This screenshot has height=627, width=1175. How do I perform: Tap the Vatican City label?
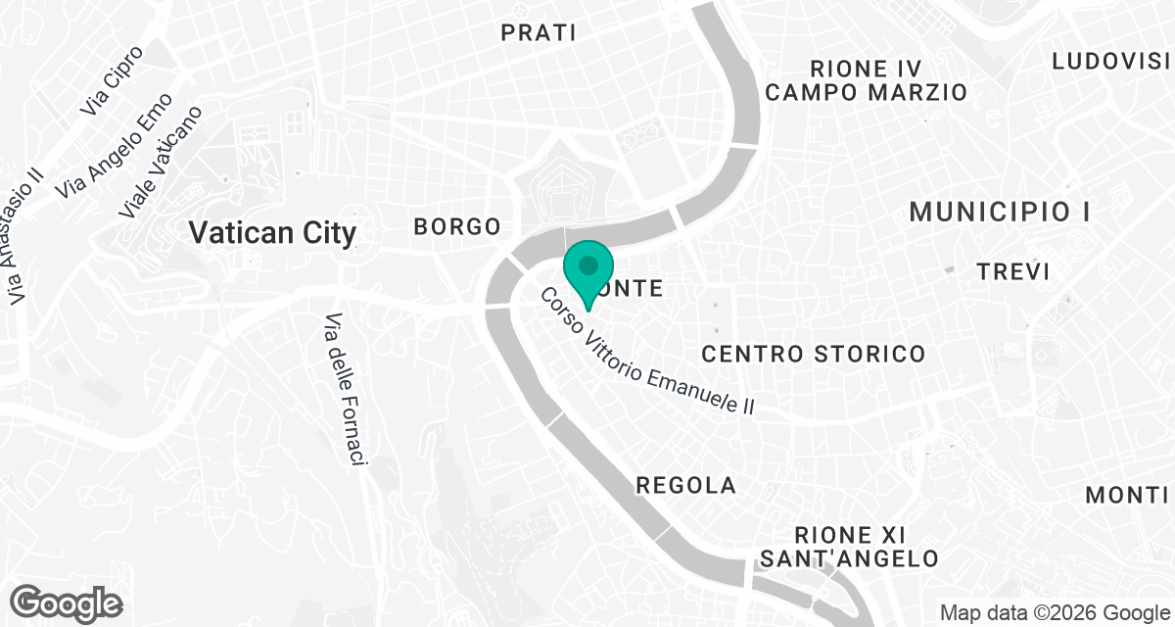[272, 233]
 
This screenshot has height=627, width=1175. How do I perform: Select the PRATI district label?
[539, 32]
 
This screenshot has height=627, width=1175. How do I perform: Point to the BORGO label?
[457, 226]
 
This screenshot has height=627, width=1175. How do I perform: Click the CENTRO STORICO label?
[814, 354]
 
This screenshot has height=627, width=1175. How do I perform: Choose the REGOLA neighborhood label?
[685, 485]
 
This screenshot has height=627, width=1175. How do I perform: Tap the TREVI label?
[1013, 271]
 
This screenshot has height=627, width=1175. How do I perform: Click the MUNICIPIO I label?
[1000, 211]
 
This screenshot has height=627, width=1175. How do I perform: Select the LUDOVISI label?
[1110, 62]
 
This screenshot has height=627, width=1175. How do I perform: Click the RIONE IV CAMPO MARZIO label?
[867, 80]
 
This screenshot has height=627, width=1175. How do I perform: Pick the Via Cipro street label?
[112, 80]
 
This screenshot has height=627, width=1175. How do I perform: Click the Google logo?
[67, 603]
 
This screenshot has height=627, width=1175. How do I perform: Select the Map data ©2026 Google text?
[1054, 613]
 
